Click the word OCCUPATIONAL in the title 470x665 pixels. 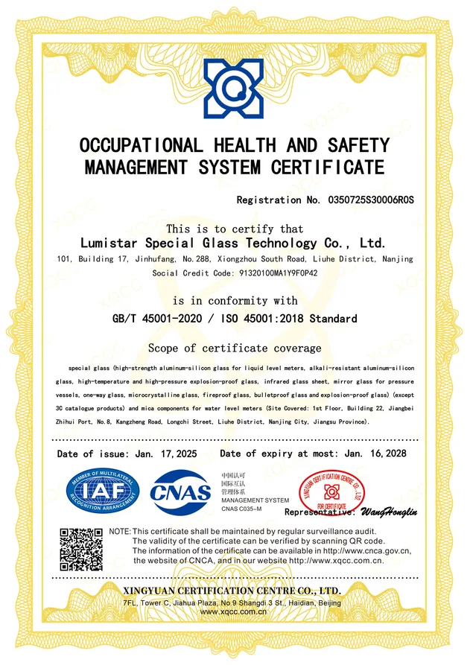[140, 144]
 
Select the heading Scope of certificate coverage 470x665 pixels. [235, 348]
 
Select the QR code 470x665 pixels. [80, 550]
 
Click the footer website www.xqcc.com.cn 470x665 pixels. [234, 611]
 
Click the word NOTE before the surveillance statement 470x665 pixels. [119, 530]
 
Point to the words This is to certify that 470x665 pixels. [235, 229]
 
